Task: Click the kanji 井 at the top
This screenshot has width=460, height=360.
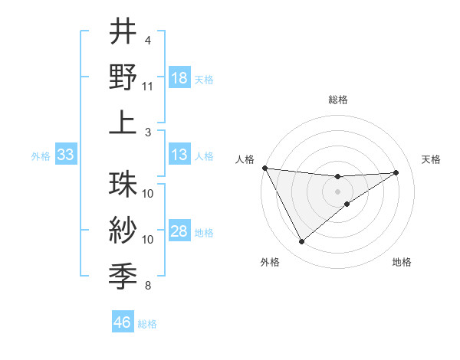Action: [x=123, y=31]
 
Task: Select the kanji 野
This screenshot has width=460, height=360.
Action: [x=123, y=77]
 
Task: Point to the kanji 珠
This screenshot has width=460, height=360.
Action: [x=123, y=185]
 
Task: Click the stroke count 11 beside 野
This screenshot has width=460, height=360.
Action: [x=148, y=87]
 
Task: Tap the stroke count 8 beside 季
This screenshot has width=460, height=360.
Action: [x=148, y=286]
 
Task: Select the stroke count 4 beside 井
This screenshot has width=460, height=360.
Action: [x=148, y=40]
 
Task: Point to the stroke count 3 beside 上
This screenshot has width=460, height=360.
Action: [x=148, y=133]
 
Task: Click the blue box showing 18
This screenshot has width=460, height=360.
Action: [x=179, y=78]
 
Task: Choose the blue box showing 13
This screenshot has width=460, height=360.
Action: [x=179, y=155]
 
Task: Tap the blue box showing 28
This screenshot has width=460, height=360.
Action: [x=179, y=231]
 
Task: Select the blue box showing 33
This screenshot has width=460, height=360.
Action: [x=65, y=155]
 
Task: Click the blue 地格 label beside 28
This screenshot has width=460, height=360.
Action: [x=204, y=232]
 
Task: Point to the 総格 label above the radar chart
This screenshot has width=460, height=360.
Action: [x=338, y=100]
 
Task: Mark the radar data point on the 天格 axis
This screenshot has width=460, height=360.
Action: [x=396, y=172]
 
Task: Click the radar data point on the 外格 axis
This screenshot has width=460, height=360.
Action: [x=301, y=242]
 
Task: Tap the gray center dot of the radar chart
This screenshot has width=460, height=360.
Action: [x=338, y=191]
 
